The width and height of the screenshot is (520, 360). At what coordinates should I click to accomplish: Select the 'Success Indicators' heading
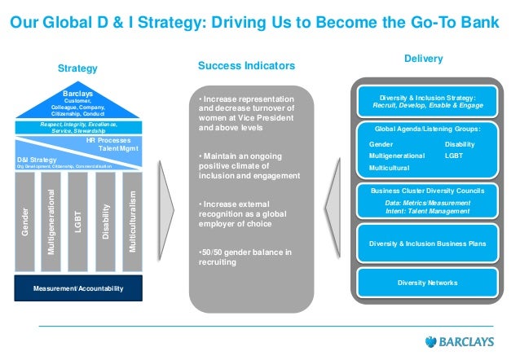point(246,64)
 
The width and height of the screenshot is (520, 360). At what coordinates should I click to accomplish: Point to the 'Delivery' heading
point(423,59)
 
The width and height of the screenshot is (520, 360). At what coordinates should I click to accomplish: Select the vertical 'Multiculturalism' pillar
point(132,221)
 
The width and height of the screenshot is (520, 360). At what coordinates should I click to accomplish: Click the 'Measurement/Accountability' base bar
point(79,288)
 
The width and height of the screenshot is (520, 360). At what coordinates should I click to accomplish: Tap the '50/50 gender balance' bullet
point(245,257)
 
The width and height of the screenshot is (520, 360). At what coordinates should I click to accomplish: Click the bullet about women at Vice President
point(245,116)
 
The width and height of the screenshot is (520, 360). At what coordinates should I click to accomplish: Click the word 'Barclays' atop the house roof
point(78,94)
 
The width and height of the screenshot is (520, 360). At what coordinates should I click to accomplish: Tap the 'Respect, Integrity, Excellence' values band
point(79,126)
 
